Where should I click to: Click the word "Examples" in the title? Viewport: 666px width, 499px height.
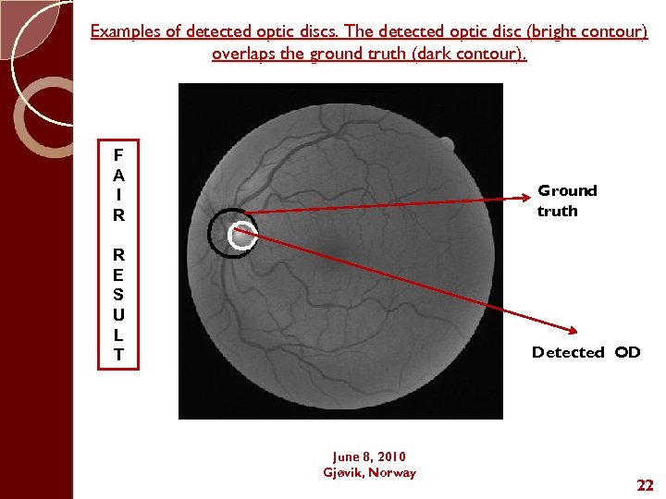click(125, 32)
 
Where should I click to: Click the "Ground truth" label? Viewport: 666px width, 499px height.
click(567, 201)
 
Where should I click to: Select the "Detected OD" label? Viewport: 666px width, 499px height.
click(586, 352)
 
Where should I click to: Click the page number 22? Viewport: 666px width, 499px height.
click(644, 485)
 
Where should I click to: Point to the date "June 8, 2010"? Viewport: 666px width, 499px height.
click(369, 456)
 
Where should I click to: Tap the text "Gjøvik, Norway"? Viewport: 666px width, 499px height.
click(369, 472)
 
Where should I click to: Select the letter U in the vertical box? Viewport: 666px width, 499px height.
click(118, 314)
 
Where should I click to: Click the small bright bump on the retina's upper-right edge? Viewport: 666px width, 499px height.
click(446, 144)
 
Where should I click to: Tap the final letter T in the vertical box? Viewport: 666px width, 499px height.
click(118, 355)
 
